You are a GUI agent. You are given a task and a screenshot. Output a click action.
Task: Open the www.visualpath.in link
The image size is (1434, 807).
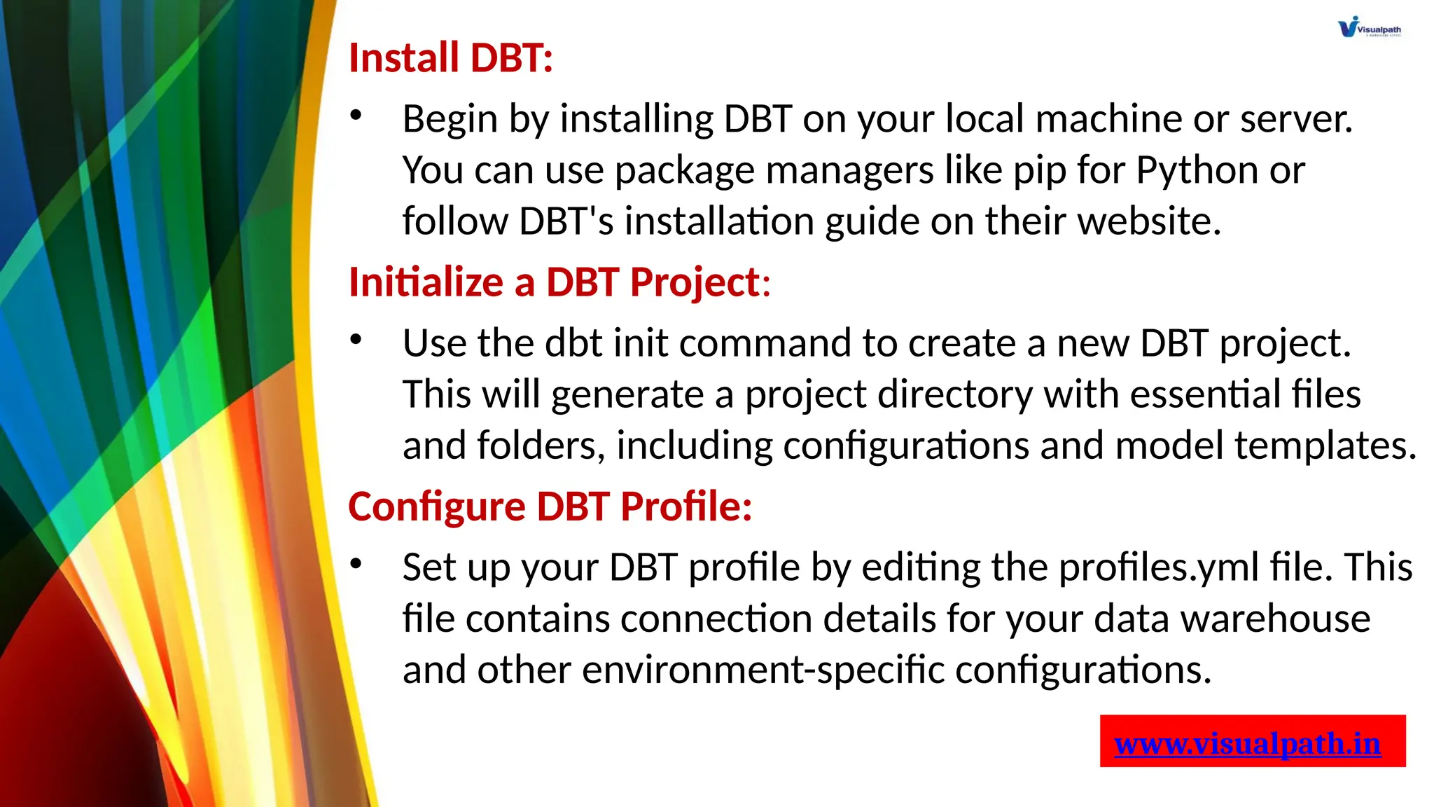[x=1247, y=743]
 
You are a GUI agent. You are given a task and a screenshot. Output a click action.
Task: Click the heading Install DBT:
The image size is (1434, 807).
[x=451, y=57]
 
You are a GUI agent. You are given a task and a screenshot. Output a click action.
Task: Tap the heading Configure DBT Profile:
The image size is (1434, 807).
[x=550, y=506]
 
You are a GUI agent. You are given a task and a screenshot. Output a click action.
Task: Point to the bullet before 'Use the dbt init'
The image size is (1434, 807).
[x=356, y=340]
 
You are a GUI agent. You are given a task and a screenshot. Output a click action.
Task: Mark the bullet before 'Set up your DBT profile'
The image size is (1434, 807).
[x=356, y=564]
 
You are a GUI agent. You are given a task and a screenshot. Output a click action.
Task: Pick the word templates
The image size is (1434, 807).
[x=1325, y=446]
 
